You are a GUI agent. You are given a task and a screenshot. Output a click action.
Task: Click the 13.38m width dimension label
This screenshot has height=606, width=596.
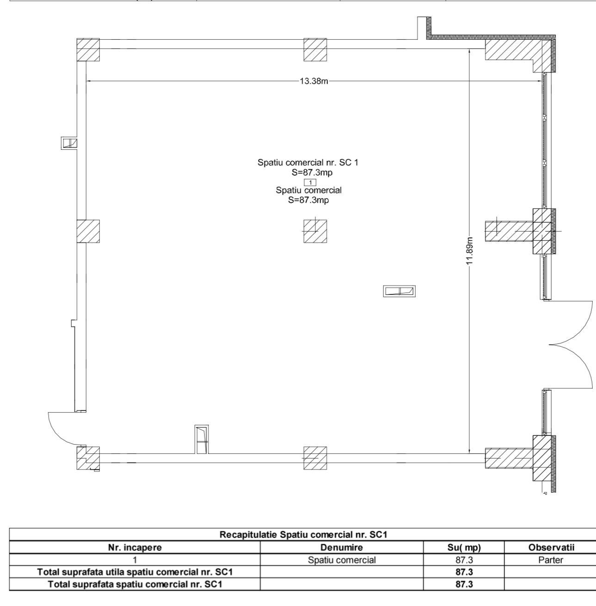point(314,81)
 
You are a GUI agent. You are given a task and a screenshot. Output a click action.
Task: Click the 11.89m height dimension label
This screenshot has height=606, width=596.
point(469,251)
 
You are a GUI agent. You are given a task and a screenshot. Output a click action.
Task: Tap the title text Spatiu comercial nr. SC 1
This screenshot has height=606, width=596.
point(308,163)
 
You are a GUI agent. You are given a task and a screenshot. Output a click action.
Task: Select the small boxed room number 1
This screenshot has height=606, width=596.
point(310,183)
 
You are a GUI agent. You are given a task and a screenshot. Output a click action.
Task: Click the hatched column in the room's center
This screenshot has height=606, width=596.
point(315,231)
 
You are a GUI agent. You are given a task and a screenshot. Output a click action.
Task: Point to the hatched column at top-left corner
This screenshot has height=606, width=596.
point(88,49)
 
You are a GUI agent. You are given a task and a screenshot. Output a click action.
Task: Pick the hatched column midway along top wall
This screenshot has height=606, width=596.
point(315,49)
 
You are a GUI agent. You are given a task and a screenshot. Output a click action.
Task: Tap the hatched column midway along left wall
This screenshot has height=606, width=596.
point(88,231)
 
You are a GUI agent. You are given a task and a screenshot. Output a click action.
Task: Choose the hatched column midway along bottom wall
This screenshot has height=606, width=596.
point(315,458)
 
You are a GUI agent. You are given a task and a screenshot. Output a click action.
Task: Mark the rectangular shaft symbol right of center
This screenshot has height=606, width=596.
point(399,291)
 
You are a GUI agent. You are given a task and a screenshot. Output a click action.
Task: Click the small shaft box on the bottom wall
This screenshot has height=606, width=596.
point(202,439)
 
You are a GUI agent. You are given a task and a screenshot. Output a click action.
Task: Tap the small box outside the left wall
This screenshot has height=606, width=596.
point(69,143)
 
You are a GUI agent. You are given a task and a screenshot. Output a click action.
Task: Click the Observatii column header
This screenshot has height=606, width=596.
point(551,547)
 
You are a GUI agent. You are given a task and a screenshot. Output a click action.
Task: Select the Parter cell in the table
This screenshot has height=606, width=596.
point(551,560)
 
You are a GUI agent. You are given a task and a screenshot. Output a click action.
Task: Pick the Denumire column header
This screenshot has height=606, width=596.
point(341,547)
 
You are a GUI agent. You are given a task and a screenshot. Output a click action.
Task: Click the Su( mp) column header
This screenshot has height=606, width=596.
point(464,547)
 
